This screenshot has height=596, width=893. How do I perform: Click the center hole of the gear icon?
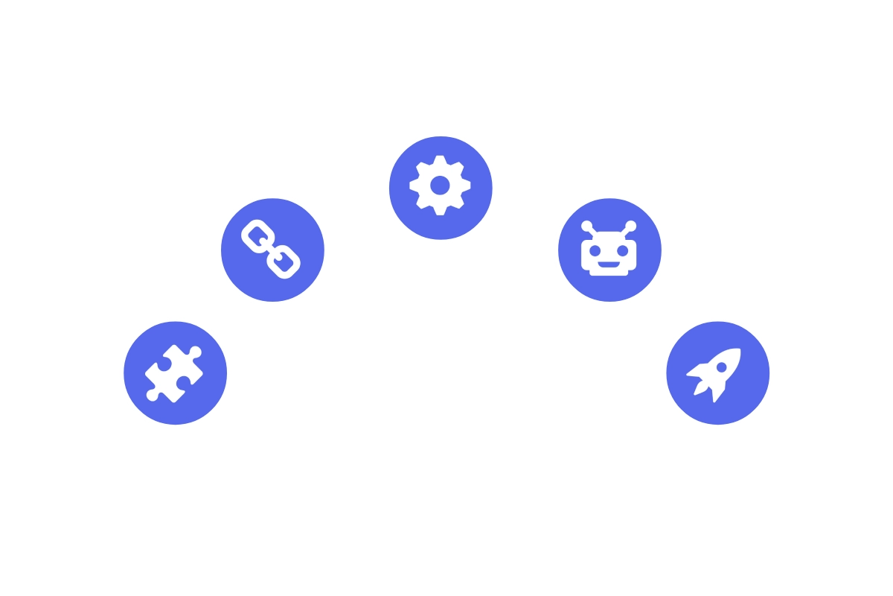coord(440,185)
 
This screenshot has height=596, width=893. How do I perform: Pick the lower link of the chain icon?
coord(285,261)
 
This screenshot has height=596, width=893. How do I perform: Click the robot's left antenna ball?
coord(587,226)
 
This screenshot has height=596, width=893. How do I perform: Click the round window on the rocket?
coord(721,367)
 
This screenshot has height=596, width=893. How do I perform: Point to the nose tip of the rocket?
coord(738,350)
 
